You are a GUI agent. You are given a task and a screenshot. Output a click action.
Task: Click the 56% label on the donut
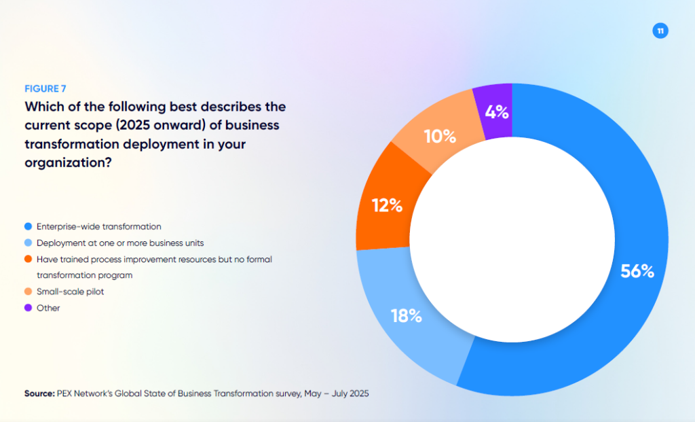(637, 272)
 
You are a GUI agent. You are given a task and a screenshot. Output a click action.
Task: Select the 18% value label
(407, 316)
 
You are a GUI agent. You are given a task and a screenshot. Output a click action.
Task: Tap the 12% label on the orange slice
(388, 205)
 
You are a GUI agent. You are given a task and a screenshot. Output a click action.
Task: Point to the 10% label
(440, 137)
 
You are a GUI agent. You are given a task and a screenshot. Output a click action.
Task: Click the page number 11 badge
(660, 31)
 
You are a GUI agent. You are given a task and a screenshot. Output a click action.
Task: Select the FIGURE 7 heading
(45, 88)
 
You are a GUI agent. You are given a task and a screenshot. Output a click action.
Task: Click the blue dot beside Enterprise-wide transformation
(27, 226)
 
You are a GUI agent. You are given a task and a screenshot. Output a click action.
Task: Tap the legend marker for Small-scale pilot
(27, 292)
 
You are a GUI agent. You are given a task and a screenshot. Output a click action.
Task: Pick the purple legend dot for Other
(27, 308)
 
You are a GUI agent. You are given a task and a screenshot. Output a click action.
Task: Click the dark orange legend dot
(27, 259)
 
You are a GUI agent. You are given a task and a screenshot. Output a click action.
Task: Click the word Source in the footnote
(39, 393)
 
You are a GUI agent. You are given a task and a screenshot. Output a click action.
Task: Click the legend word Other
(48, 308)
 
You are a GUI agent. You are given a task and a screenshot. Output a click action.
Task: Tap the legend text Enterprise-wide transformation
(98, 226)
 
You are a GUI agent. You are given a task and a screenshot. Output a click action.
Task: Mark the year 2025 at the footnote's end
(358, 393)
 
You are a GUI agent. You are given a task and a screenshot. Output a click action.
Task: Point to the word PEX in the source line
(66, 393)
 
